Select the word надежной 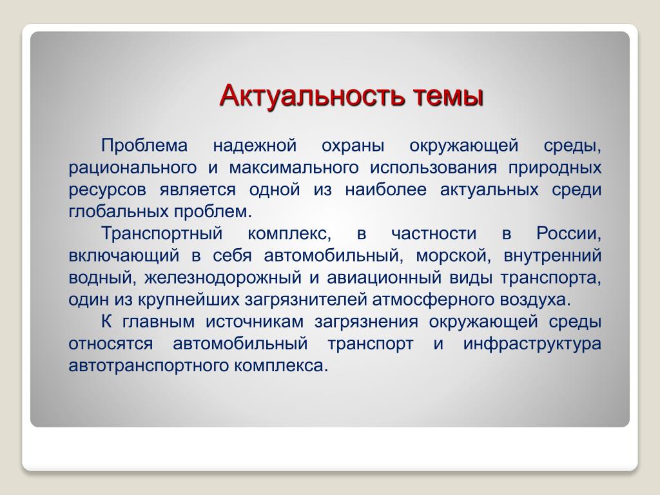(255, 146)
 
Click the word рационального (133, 168)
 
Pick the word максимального (294, 168)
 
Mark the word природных (555, 168)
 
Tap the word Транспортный (162, 234)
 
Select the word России (568, 234)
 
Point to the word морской (453, 256)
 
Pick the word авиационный (384, 278)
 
